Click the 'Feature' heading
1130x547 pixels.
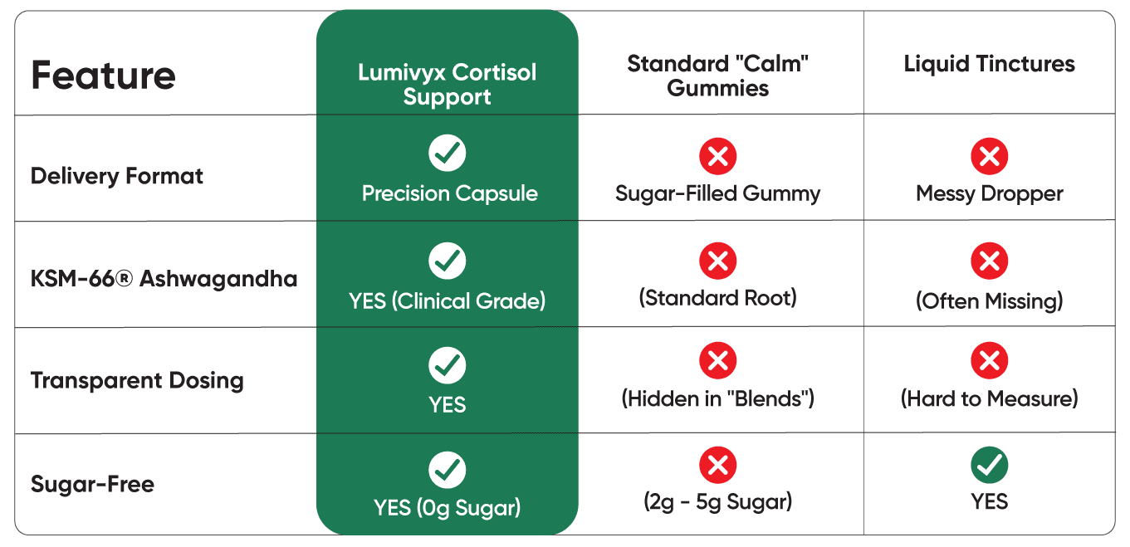pyautogui.click(x=103, y=76)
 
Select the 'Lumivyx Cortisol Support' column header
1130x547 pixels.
pyautogui.click(x=447, y=84)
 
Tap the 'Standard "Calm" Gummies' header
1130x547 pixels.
pyautogui.click(x=717, y=76)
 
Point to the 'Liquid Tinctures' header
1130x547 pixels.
pyautogui.click(x=989, y=64)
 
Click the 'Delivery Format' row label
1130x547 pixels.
pyautogui.click(x=117, y=176)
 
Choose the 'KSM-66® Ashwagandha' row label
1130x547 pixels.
pyautogui.click(x=164, y=278)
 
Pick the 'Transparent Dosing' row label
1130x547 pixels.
pyautogui.click(x=137, y=381)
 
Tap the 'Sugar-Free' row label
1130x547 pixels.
pyautogui.click(x=92, y=484)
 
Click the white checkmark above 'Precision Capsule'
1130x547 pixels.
pyautogui.click(x=447, y=153)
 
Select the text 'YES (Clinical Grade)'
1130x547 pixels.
pyautogui.click(x=447, y=300)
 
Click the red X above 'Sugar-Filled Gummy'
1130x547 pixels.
pyautogui.click(x=717, y=156)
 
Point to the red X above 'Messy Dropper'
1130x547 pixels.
pyautogui.click(x=989, y=156)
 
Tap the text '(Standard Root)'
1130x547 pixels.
pyautogui.click(x=717, y=297)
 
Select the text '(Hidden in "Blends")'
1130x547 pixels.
pyautogui.click(x=717, y=398)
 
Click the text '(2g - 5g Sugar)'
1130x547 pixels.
pyautogui.click(x=717, y=501)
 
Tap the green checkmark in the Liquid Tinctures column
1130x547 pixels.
pyautogui.click(x=989, y=466)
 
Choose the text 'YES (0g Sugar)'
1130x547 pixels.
pyautogui.click(x=447, y=507)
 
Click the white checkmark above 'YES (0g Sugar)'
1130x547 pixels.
pyautogui.click(x=447, y=470)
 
